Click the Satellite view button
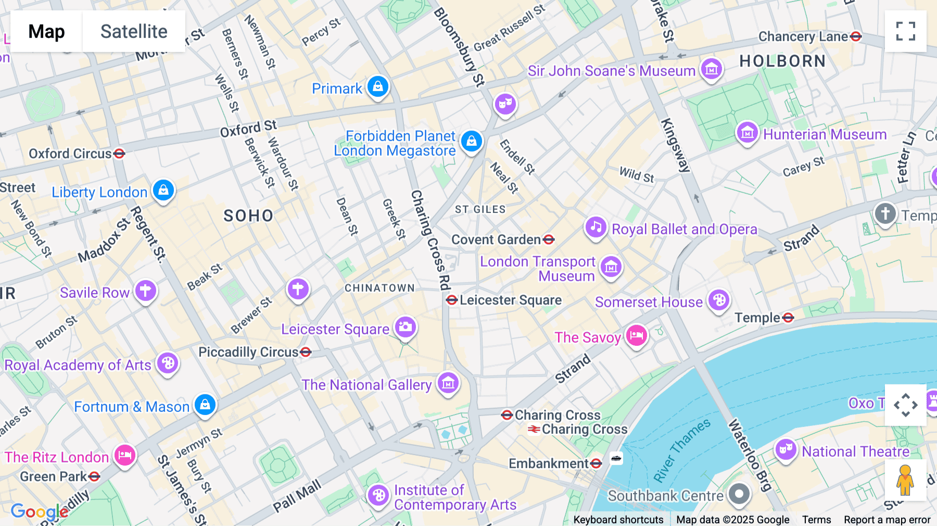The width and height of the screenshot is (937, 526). point(134,31)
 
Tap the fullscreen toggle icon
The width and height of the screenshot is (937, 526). point(905,31)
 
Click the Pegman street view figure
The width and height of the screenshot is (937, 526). point(905,480)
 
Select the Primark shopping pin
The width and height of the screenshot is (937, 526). point(378,86)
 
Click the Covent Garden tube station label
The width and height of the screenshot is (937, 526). point(496,240)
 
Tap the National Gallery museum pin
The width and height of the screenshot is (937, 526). point(448,384)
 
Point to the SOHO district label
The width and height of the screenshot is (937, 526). point(248,216)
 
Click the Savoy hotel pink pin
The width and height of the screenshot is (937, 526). point(636,336)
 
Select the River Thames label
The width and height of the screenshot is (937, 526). point(681,450)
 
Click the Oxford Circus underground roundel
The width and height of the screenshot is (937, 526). point(119,154)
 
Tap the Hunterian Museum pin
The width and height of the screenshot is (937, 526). point(748,133)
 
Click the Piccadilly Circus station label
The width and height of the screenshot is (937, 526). point(248,353)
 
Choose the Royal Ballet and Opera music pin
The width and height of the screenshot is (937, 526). point(596,228)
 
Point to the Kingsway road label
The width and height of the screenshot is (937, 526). point(675,145)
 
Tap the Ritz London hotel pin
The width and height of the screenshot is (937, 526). point(124,456)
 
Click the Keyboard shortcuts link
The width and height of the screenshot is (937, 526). point(618,519)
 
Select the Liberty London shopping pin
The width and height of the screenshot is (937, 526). point(163,191)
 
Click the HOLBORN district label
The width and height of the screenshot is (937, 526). point(782,61)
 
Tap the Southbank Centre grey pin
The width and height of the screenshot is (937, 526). point(739,494)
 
